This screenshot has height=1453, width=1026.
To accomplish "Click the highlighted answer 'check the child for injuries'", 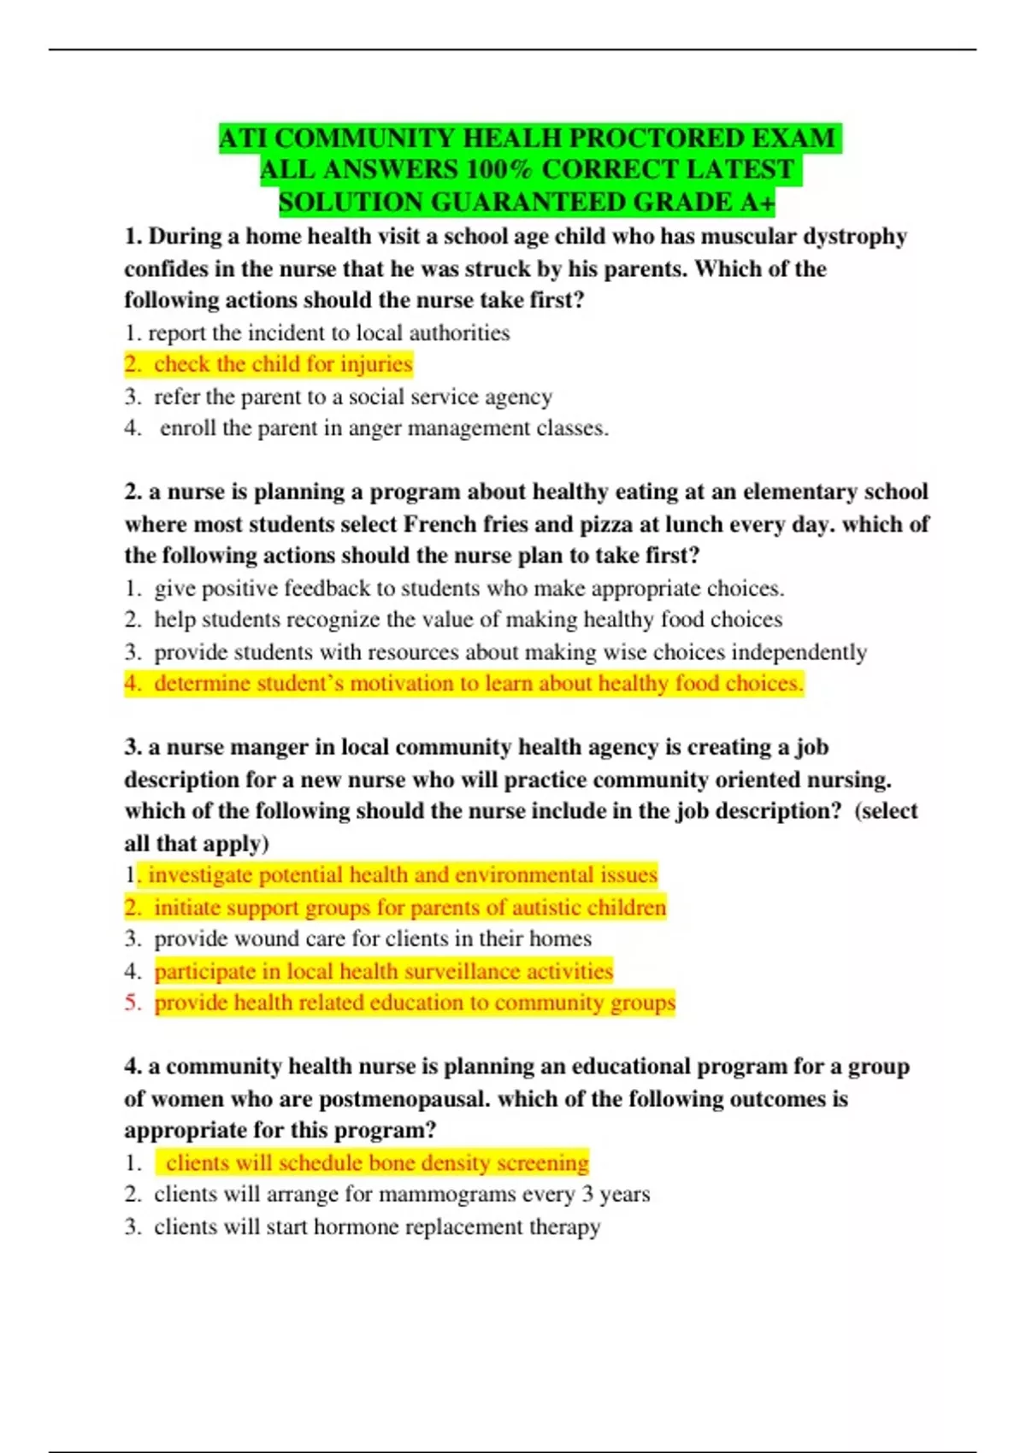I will pyautogui.click(x=283, y=364).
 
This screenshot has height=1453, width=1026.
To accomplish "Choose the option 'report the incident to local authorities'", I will pyautogui.click(x=329, y=332).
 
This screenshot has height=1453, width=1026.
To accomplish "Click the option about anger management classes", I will pyautogui.click(x=384, y=427).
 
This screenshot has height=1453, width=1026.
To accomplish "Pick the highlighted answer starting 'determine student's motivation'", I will pyautogui.click(x=478, y=683).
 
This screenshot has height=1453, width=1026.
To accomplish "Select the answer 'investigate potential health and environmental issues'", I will pyautogui.click(x=402, y=874).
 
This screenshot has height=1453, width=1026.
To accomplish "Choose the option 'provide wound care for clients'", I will pyautogui.click(x=372, y=938).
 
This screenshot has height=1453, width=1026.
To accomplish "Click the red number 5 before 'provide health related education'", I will pyautogui.click(x=132, y=1003).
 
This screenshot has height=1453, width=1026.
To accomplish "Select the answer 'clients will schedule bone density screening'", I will pyautogui.click(x=377, y=1162).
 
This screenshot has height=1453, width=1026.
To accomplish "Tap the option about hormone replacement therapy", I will pyautogui.click(x=377, y=1227).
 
